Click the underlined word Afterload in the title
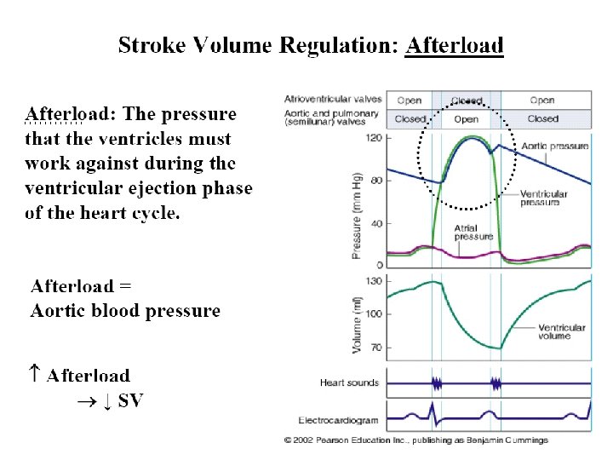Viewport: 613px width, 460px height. pyautogui.click(x=454, y=44)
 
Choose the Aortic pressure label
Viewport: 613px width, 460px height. pyautogui.click(x=556, y=146)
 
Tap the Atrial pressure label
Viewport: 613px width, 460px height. pyautogui.click(x=473, y=232)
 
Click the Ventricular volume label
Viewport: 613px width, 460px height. pyautogui.click(x=561, y=331)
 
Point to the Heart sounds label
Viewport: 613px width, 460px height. pyautogui.click(x=349, y=383)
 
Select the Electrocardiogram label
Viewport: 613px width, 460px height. pyautogui.click(x=339, y=420)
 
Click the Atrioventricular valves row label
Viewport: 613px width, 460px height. pyautogui.click(x=333, y=100)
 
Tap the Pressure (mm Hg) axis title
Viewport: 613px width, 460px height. pyautogui.click(x=357, y=214)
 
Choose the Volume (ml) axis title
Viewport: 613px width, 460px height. pyautogui.click(x=357, y=323)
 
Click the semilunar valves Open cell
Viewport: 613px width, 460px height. pyautogui.click(x=466, y=119)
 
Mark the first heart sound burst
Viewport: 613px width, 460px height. pyautogui.click(x=438, y=383)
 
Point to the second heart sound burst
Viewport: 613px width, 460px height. pyautogui.click(x=495, y=383)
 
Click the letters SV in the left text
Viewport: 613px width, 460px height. pyautogui.click(x=130, y=400)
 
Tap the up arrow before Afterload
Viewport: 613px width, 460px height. pyautogui.click(x=33, y=372)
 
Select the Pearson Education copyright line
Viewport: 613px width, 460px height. pyautogui.click(x=416, y=440)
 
